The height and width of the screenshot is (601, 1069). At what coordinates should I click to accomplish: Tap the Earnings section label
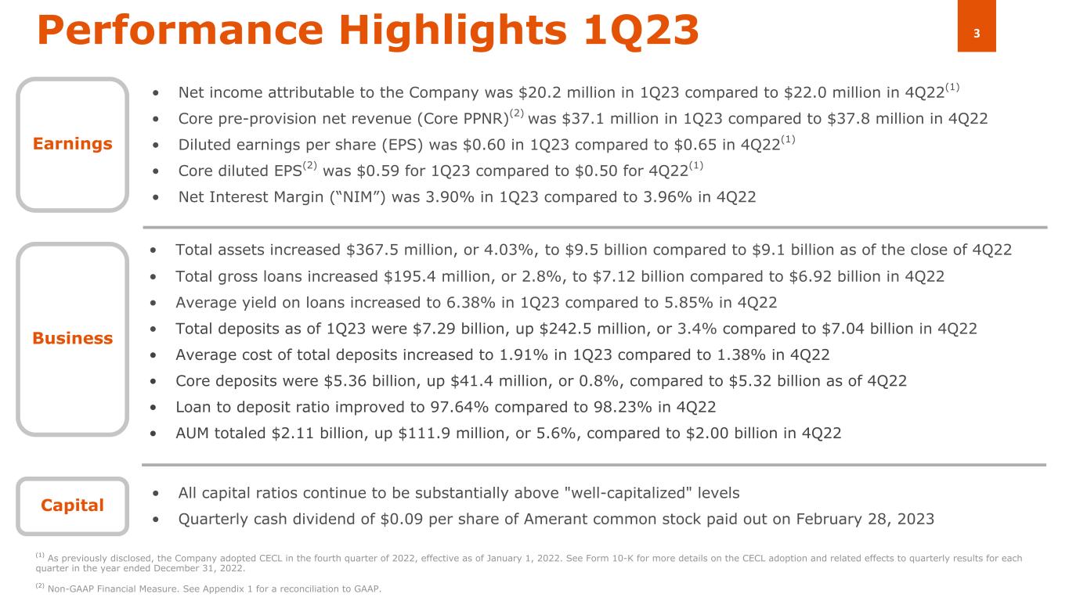(x=72, y=144)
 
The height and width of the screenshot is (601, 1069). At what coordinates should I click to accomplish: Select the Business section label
(x=72, y=338)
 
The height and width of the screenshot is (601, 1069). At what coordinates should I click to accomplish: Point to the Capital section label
(x=72, y=506)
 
